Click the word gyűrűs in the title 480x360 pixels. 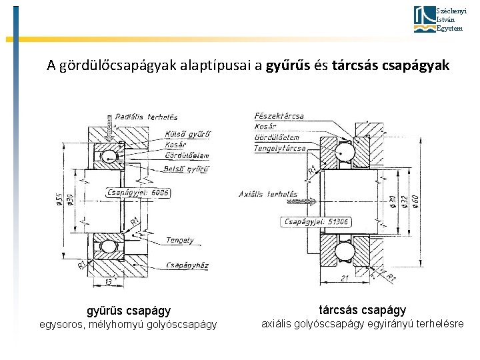pyautogui.click(x=288, y=65)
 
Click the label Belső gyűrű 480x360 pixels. pyautogui.click(x=187, y=169)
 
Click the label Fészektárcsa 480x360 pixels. pyautogui.click(x=279, y=116)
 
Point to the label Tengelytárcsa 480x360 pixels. pyautogui.click(x=280, y=148)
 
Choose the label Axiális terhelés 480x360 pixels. pyautogui.click(x=268, y=194)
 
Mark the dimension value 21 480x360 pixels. pyautogui.click(x=345, y=278)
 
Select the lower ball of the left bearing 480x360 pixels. pyautogui.click(x=108, y=246)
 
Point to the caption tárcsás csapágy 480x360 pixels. pyautogui.click(x=362, y=310)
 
